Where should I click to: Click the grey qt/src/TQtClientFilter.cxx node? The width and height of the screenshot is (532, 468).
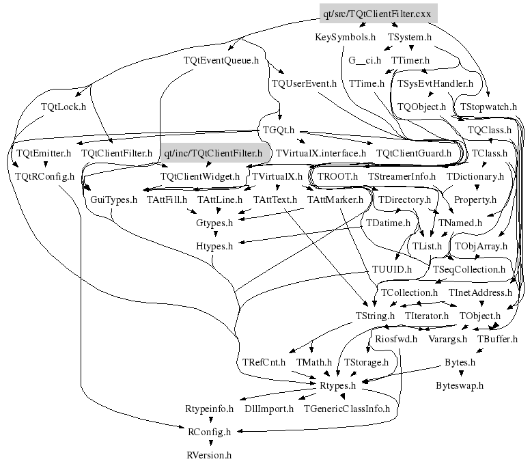click(378, 13)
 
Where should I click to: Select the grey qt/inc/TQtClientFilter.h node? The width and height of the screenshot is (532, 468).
click(214, 154)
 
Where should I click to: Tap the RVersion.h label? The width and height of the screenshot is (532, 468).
click(210, 454)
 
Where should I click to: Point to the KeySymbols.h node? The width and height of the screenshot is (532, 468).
click(346, 37)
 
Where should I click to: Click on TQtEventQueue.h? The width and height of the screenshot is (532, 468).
click(222, 60)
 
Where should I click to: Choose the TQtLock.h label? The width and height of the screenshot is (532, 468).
click(63, 107)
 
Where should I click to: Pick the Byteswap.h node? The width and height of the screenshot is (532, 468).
click(460, 385)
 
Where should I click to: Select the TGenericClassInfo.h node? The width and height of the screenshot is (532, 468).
click(347, 409)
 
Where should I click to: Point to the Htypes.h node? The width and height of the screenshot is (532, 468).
click(214, 246)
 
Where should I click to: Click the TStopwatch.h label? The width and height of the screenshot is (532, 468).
click(488, 107)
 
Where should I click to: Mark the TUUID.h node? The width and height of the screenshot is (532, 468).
click(393, 269)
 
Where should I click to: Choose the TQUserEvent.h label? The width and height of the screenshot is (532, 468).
click(304, 83)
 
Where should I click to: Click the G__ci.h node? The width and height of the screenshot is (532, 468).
click(365, 60)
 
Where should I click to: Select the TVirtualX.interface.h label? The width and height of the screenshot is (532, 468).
click(320, 154)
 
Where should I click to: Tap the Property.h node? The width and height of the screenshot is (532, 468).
click(475, 199)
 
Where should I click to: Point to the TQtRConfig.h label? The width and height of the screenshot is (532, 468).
click(45, 176)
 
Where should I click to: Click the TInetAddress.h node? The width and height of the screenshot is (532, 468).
click(480, 292)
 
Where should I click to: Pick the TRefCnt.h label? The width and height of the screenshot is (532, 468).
click(263, 361)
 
